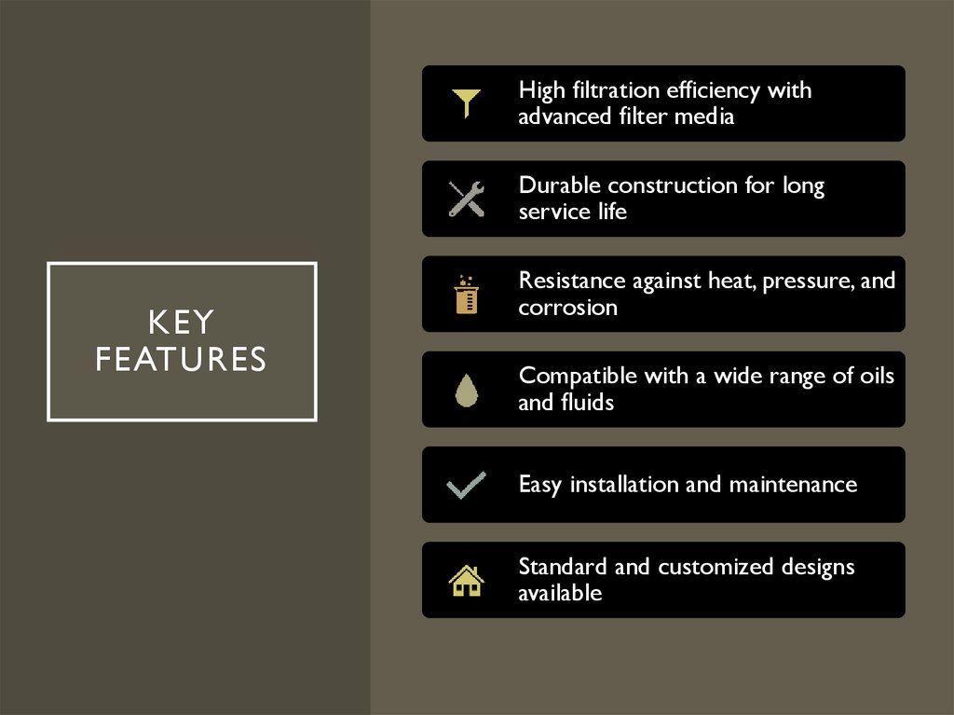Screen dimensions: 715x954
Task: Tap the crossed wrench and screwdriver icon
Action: [466, 199]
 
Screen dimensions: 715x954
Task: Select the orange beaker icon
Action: [466, 295]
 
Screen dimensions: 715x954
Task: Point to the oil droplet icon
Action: [466, 390]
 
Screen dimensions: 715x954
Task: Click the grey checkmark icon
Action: [466, 486]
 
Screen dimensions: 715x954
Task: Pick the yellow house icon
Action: [466, 581]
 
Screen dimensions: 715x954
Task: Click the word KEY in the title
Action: [182, 323]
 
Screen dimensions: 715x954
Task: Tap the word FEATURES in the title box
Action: [182, 360]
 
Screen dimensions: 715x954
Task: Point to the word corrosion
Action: [567, 308]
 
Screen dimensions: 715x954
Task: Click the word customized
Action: [715, 567]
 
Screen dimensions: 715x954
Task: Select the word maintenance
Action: [793, 485]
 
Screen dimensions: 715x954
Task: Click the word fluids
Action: [586, 403]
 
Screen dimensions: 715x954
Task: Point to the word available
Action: [560, 593]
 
